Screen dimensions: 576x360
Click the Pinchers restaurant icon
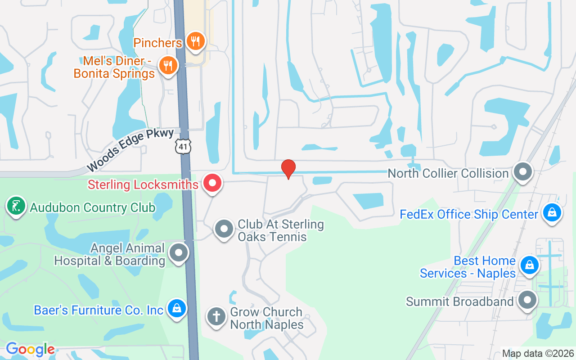(195, 41)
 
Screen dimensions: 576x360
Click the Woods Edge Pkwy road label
(130, 150)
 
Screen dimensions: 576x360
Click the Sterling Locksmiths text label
(143, 184)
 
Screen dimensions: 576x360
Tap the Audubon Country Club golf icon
(16, 207)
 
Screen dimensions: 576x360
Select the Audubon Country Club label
(93, 208)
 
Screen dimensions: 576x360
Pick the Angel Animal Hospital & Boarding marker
(179, 253)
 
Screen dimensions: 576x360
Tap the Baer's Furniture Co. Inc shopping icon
(177, 309)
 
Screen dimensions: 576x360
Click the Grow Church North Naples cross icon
(216, 316)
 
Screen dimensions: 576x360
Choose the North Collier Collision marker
(523, 172)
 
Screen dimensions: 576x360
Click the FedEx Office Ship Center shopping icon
(552, 213)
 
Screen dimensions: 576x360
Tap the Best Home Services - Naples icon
(530, 265)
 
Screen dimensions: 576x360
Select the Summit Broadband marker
(527, 300)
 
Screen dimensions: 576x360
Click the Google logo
(30, 349)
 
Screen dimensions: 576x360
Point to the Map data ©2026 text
(538, 353)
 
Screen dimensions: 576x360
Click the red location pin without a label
(288, 169)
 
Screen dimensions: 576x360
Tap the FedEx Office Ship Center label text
(469, 214)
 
